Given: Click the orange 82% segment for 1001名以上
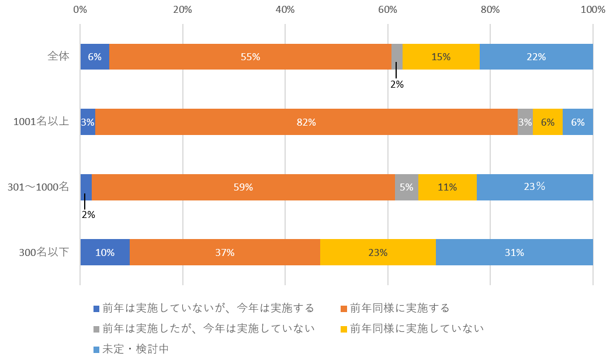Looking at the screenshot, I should coord(306,122).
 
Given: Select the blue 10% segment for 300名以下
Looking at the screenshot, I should coord(105,252).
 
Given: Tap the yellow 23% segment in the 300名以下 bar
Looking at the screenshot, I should coord(378,252).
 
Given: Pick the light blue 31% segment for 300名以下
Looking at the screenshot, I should coord(514,252).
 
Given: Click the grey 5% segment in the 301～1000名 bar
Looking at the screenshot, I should coord(407,188).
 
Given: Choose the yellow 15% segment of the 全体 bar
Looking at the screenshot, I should coord(441,57).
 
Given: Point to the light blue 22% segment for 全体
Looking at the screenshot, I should coord(536,57).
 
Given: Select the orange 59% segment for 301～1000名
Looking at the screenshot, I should coord(243,188).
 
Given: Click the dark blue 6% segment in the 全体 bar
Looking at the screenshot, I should coord(95,57).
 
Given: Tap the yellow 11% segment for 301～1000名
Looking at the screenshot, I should coord(447,188).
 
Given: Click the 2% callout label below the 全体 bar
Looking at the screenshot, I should coord(397,84).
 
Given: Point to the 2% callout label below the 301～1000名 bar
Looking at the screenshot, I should coord(88,214).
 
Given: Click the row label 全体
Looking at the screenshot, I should coord(58,57).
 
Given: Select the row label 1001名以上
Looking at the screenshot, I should coord(41,122).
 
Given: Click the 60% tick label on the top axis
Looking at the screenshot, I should coord(387,9).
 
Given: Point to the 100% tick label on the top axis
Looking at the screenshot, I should coord(592,9).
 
